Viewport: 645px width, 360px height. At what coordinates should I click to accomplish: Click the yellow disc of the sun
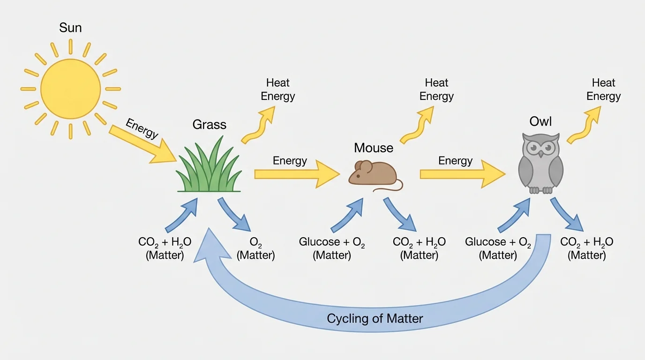point(70,89)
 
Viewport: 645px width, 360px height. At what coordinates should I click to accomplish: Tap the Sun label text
point(70,28)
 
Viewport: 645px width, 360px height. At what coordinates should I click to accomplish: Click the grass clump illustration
point(210,169)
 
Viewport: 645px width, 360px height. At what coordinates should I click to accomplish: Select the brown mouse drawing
point(373,174)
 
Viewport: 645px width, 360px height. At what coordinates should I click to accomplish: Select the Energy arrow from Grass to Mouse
point(295,174)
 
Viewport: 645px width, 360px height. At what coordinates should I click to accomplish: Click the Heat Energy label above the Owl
point(603,90)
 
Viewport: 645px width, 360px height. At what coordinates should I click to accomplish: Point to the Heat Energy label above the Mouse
point(436,90)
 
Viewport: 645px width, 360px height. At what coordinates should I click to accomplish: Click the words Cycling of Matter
point(375,319)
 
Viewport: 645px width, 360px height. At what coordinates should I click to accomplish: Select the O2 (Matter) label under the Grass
point(256,249)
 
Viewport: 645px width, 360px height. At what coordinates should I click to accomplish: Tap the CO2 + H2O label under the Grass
point(165,249)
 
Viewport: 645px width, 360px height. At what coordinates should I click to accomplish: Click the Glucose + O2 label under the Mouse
point(332,249)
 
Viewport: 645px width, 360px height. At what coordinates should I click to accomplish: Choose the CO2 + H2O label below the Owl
point(587,249)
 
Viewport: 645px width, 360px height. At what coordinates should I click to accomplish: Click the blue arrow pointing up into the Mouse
point(347,215)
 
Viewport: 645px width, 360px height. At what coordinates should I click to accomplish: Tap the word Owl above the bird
point(540,122)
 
